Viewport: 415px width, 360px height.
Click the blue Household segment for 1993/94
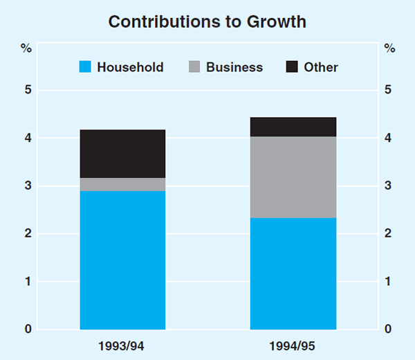122,260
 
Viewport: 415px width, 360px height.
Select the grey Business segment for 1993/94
122,184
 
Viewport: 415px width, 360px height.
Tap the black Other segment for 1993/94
122,154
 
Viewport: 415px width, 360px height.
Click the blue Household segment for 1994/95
293,273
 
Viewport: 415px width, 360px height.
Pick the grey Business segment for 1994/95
293,177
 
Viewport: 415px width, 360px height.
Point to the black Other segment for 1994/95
293,127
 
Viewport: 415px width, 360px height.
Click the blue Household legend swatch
85,67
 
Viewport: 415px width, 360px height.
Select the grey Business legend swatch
194,67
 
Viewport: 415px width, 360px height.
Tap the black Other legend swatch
292,67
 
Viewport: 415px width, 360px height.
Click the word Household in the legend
130,67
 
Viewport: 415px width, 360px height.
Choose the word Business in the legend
234,67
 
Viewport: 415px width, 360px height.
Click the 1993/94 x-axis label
122,345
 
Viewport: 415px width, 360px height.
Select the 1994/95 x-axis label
293,345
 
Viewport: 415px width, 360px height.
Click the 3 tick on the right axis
389,186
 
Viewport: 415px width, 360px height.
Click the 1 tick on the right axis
389,281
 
